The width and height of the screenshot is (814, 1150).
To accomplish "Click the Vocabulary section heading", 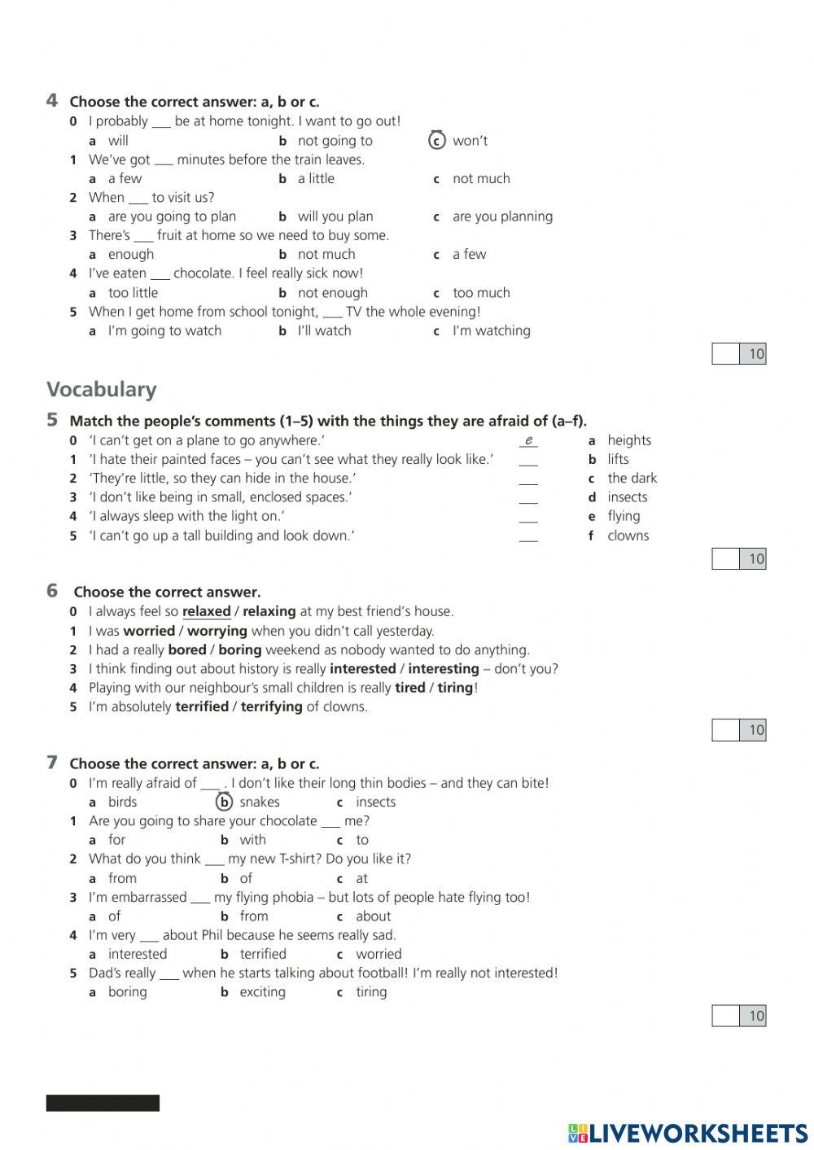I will (101, 389).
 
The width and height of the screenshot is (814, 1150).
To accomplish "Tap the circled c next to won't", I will (437, 141).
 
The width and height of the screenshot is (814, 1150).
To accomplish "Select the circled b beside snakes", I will (224, 802).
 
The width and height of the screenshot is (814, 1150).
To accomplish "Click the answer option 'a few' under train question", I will (125, 178).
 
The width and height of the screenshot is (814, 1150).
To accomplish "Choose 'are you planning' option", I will (502, 216).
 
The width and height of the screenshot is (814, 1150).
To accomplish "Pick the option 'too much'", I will (481, 292).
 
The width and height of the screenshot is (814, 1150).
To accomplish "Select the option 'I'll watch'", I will (324, 330).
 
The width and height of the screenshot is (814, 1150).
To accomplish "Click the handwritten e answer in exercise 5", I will (528, 440).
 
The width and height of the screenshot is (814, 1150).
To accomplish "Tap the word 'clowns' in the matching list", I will (628, 536).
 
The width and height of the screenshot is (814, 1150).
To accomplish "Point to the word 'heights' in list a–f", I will (628, 440).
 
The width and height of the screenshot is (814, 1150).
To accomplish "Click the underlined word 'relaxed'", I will (206, 611).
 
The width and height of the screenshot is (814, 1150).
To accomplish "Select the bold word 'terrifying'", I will (271, 706).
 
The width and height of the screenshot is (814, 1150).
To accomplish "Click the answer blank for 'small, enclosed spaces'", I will (528, 498).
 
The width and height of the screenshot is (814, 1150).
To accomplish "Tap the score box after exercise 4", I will (725, 353).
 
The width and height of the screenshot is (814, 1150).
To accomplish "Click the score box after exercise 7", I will (725, 1015).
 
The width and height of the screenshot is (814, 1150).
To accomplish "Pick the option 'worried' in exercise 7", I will (379, 954).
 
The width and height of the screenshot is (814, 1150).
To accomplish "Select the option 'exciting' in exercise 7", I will (262, 991).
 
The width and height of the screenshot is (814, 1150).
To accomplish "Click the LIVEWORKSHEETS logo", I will (688, 1133).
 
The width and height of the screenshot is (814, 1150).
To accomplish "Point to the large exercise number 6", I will (52, 591).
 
